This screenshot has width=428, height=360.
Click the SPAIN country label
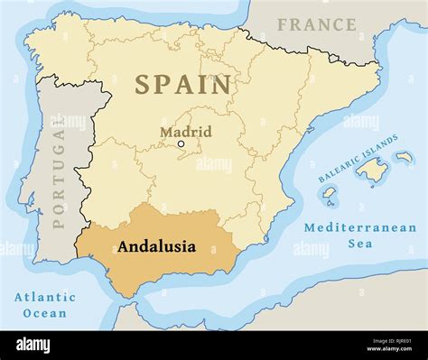pyautogui.click(x=183, y=85)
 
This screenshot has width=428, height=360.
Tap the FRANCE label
pyautogui.click(x=316, y=24)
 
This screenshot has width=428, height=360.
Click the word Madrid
pyautogui.click(x=186, y=132)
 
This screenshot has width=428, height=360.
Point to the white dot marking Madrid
pyautogui.click(x=181, y=143)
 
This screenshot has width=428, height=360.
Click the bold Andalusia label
pyautogui.click(x=156, y=244)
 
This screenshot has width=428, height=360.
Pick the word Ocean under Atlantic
pyautogui.click(x=44, y=313)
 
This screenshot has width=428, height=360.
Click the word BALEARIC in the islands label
pyautogui.click(x=347, y=164)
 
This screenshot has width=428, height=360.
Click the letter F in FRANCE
pyautogui.click(x=283, y=25)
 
